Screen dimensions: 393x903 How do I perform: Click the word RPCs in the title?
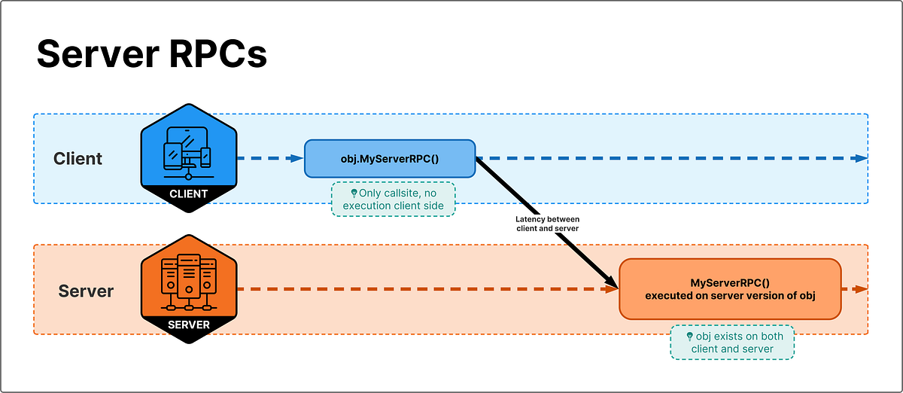tap(223, 56)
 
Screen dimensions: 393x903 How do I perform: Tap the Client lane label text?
tap(78, 159)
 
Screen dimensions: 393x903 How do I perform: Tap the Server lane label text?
tap(86, 291)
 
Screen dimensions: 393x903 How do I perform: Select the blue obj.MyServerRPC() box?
tap(389, 159)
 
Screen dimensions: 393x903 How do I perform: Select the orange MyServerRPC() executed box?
tap(729, 289)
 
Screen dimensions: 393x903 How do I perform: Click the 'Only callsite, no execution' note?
tap(394, 200)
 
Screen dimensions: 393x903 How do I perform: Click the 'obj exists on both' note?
tap(731, 343)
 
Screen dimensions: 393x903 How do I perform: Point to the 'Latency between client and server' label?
tap(546, 224)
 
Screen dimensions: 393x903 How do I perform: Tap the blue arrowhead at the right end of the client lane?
tap(861, 158)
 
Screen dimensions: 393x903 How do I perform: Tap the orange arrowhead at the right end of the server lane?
tap(861, 289)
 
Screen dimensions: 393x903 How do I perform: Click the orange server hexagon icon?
tap(188, 284)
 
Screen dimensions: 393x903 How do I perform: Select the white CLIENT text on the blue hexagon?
tap(188, 193)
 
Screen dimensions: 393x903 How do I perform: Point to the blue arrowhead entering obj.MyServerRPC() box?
tap(297, 158)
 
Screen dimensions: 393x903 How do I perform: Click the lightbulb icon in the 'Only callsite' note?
tap(354, 193)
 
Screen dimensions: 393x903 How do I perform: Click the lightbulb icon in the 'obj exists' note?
tap(689, 337)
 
